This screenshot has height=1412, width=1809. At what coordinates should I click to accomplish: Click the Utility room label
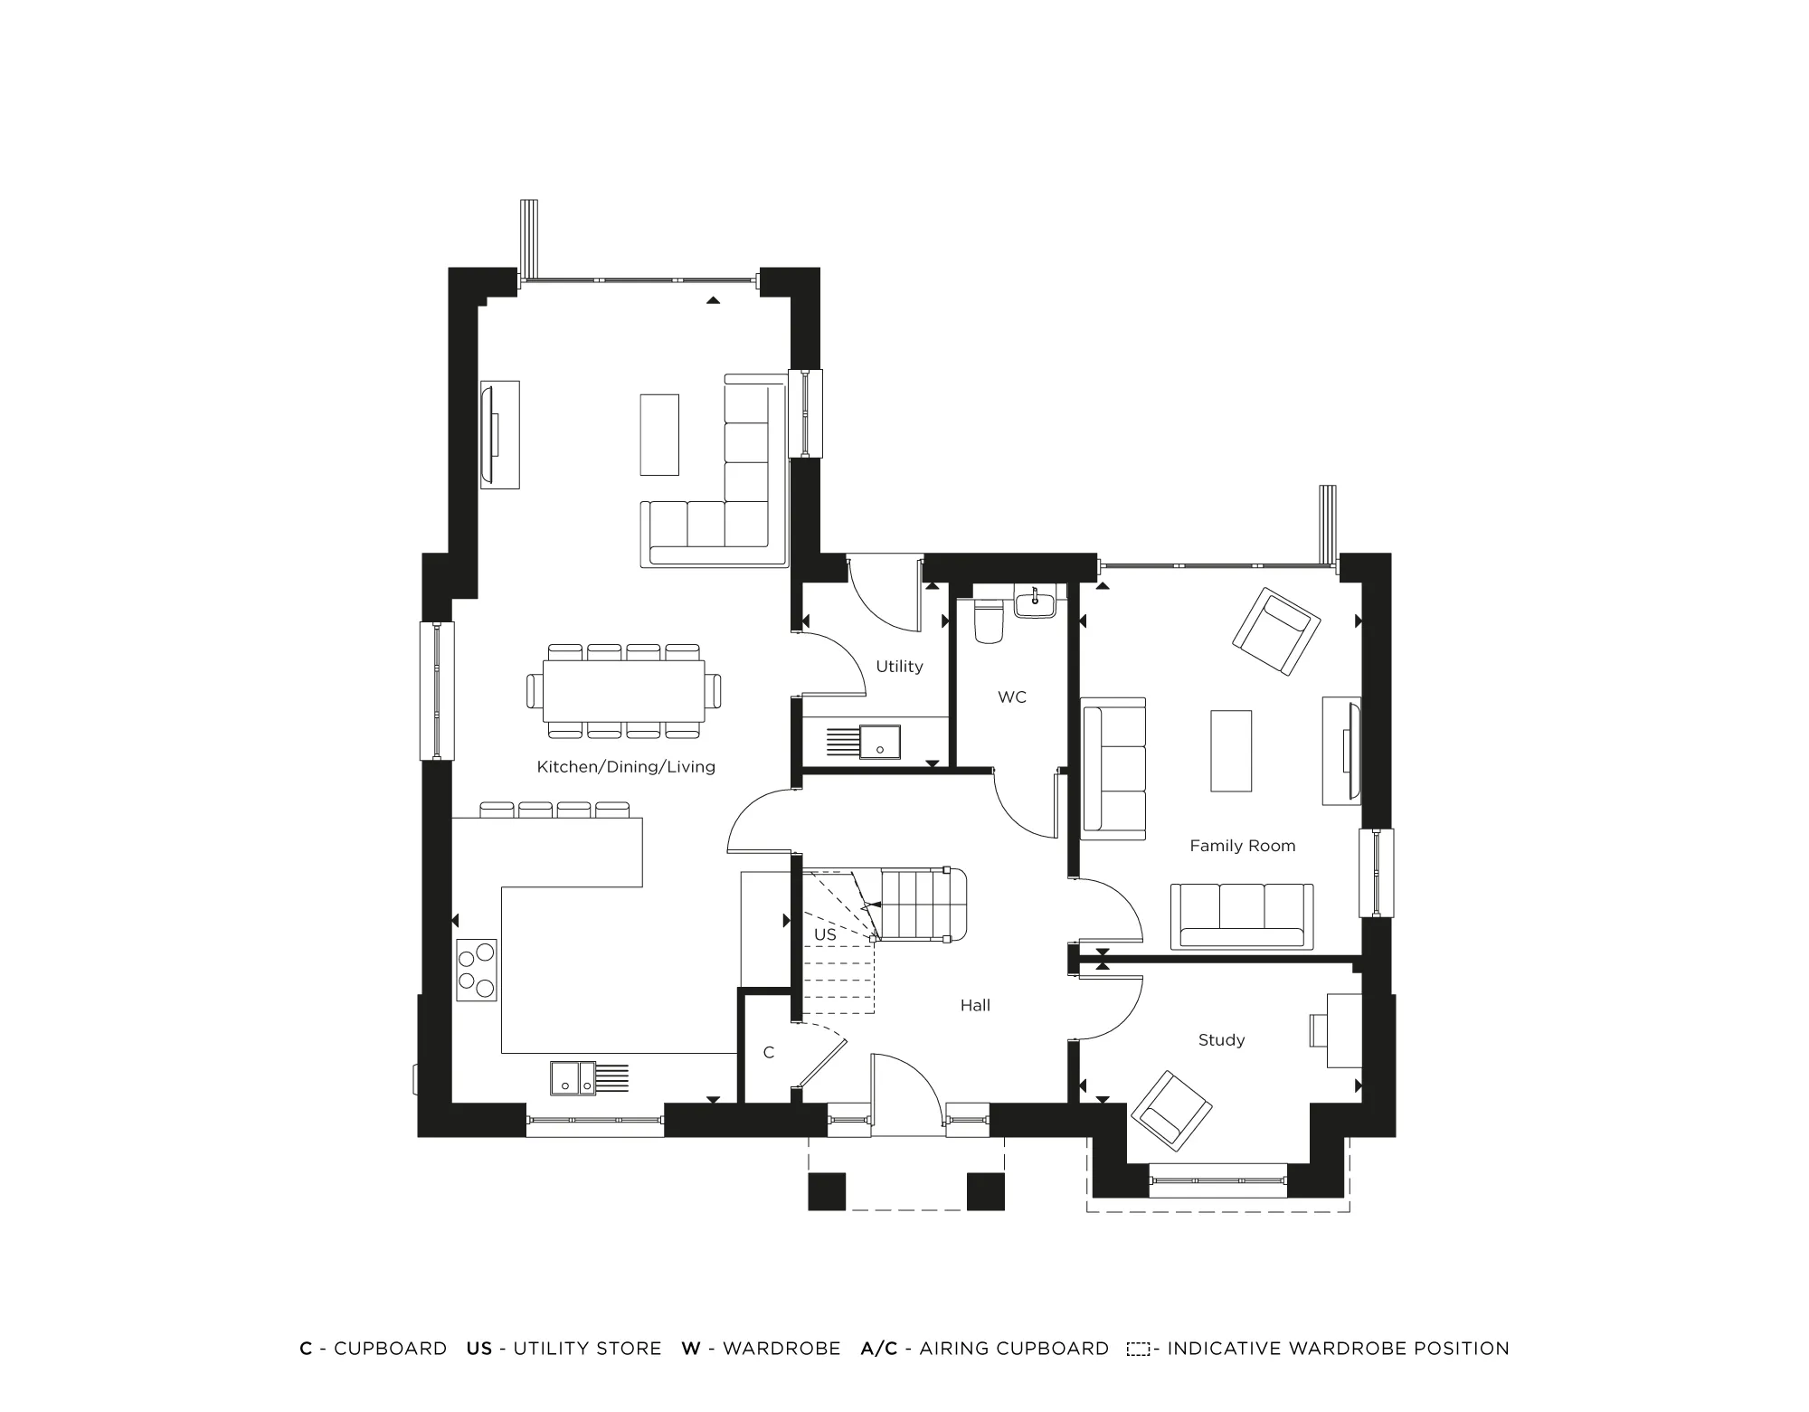coord(899,667)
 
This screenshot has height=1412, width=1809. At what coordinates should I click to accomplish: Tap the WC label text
coord(1012,697)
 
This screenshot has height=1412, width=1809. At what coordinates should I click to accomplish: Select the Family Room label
coord(1242,846)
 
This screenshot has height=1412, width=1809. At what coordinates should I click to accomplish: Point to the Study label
coord(1221,1040)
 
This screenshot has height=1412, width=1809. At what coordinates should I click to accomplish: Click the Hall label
coord(975,1005)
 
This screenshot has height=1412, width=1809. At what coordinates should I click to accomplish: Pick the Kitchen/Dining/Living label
coord(626,767)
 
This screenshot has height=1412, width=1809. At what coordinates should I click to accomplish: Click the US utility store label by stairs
coord(825,934)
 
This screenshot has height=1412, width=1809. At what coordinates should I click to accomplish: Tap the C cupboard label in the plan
coord(769,1052)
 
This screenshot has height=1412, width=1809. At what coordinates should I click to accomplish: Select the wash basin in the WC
coord(1035,602)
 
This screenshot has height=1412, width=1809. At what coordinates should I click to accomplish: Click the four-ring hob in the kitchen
coord(477,970)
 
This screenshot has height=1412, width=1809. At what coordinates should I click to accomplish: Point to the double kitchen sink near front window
coord(573,1077)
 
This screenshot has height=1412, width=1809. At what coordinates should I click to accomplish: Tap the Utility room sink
coord(879,742)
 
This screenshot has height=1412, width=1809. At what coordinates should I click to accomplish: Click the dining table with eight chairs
coord(624,691)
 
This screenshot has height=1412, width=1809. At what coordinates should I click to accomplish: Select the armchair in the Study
coord(1171,1111)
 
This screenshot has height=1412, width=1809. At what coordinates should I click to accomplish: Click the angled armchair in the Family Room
coord(1276,631)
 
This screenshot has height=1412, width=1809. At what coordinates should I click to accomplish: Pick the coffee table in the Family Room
coord(1231,751)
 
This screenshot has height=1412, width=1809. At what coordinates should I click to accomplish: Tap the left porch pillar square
coord(827,1191)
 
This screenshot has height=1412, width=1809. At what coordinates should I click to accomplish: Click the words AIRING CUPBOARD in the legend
coord(1014,1349)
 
